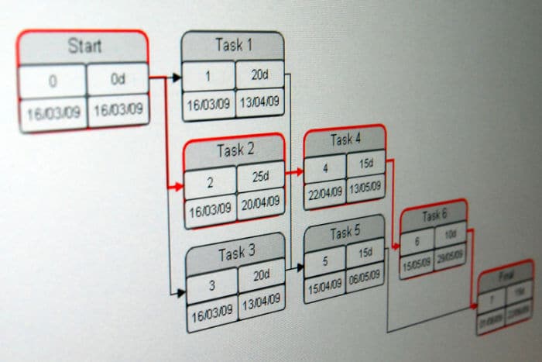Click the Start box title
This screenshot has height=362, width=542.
(x=84, y=45)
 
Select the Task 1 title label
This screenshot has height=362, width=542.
(x=233, y=45)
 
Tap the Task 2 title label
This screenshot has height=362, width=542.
(x=235, y=150)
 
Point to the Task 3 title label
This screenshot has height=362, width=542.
(x=236, y=253)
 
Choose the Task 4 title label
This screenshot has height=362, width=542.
(x=345, y=140)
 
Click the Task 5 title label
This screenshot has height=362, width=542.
(x=345, y=233)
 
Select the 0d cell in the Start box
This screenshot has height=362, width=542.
(x=118, y=80)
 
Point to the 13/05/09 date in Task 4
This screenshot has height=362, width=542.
(x=365, y=188)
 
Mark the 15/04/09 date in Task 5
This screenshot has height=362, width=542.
(x=324, y=285)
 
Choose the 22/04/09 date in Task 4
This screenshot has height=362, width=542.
(x=324, y=193)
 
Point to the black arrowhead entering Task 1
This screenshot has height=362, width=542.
(x=177, y=78)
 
